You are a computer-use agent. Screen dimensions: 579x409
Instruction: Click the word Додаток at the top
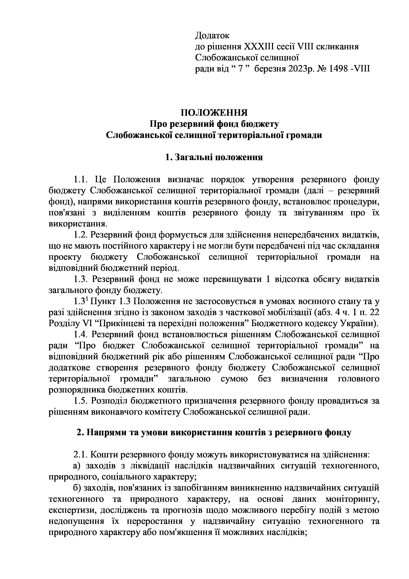[212, 35]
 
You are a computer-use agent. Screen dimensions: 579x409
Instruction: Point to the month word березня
[269, 69]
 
